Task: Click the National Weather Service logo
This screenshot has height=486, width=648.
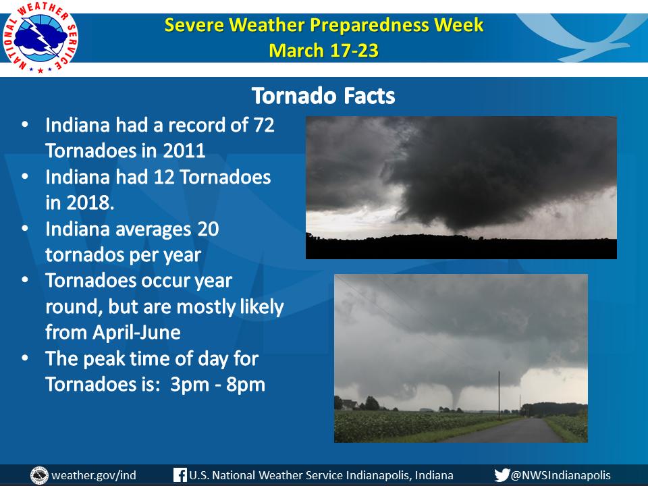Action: point(40,38)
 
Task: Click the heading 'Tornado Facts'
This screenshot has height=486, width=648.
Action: point(323,96)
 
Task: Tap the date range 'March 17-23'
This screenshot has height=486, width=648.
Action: point(323,51)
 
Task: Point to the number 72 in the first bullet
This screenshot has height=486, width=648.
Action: point(264,125)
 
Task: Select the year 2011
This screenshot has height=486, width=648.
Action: point(184,151)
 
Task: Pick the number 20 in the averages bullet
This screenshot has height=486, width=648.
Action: point(208,229)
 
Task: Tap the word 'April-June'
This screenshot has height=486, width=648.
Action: point(137,332)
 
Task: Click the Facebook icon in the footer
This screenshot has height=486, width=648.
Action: point(180,475)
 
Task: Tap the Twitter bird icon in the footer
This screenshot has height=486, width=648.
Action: point(502,475)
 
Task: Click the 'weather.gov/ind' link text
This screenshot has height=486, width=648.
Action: point(94,475)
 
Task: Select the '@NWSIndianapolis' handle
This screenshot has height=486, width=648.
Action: point(561,475)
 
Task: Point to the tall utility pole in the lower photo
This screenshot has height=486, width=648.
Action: point(499,395)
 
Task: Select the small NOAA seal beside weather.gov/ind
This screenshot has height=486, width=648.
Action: point(40,475)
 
